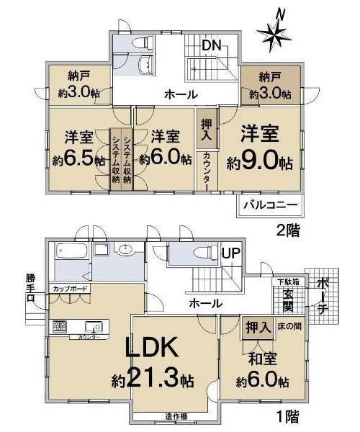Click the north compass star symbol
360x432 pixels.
(x=274, y=36)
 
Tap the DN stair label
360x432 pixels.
(x=212, y=45)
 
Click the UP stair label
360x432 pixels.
(x=231, y=253)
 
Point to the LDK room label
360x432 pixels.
(x=151, y=348)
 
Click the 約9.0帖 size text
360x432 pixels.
(x=259, y=163)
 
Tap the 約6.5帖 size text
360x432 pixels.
(x=78, y=160)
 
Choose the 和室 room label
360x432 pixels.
(x=263, y=359)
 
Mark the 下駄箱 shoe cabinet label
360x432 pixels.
(x=287, y=282)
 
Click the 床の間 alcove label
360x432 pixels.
(x=289, y=327)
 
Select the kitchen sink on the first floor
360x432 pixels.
(x=94, y=327)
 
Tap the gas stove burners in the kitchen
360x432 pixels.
(x=60, y=327)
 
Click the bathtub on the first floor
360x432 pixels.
(x=71, y=251)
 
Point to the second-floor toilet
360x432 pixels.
(x=143, y=42)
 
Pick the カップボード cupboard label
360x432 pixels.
(x=70, y=289)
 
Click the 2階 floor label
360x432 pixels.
(x=288, y=230)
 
